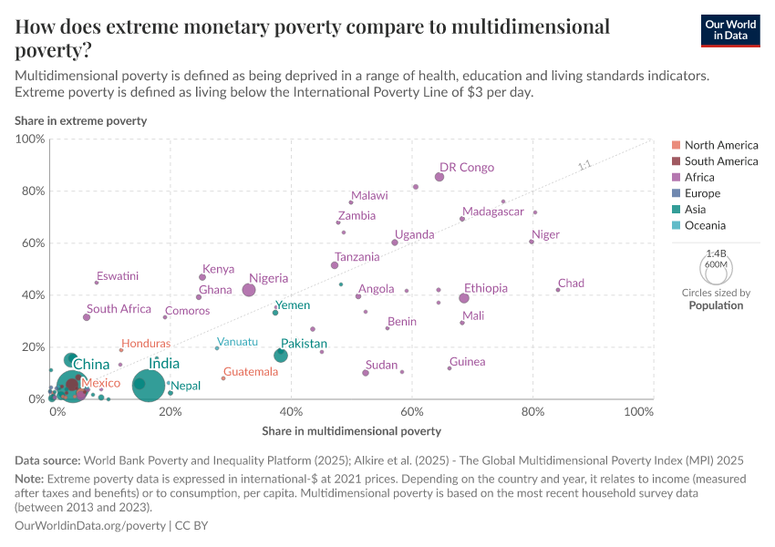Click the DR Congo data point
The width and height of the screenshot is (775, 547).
point(439,177)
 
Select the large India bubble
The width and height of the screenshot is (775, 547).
point(149,385)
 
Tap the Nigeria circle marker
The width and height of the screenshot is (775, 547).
point(249,290)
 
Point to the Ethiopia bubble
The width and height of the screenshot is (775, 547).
point(464,298)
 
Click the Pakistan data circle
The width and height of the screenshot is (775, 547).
point(281,356)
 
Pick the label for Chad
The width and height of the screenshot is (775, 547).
point(571,284)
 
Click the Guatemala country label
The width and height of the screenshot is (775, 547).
point(251,372)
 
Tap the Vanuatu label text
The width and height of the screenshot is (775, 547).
point(237,342)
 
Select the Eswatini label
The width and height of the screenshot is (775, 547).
point(118,276)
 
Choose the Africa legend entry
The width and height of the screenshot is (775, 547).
point(699,178)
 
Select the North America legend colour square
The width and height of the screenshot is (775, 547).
point(676,145)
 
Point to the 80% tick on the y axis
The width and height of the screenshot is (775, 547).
point(32,191)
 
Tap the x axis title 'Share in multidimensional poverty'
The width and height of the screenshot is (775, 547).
point(351,430)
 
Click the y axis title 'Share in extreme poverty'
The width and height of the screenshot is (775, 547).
point(80,121)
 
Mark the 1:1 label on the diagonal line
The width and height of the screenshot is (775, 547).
point(584,166)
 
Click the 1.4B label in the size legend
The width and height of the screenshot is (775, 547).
point(716,253)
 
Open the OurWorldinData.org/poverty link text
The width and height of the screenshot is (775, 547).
point(90,526)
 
